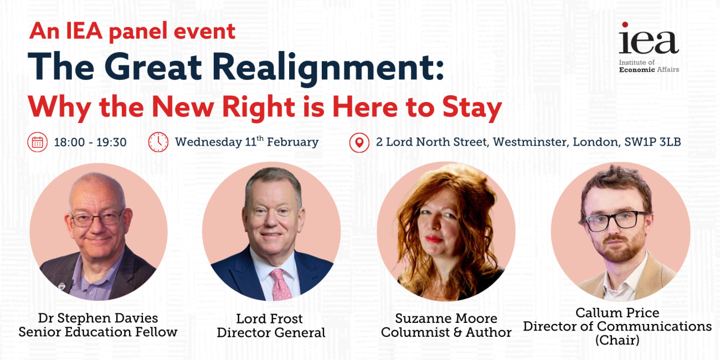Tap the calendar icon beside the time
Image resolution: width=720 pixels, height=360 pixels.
point(37,142)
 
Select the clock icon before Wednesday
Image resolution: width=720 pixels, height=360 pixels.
point(158,142)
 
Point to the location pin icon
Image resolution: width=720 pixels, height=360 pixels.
point(359,142)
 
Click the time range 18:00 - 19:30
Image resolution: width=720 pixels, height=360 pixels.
point(90,142)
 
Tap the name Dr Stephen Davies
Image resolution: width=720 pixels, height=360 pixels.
point(98,318)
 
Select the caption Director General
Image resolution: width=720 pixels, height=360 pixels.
point(271,333)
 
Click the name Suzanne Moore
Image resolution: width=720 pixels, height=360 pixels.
point(446,318)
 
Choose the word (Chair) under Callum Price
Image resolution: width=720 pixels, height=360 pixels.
point(617,340)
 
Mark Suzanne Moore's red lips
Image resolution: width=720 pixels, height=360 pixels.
point(434,239)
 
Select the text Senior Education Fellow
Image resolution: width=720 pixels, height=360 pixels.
point(98,332)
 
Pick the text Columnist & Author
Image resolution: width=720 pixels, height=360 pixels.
point(446,333)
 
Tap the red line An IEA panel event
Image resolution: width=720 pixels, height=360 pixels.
point(133,31)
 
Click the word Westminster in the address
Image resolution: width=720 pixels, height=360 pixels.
point(529,142)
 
